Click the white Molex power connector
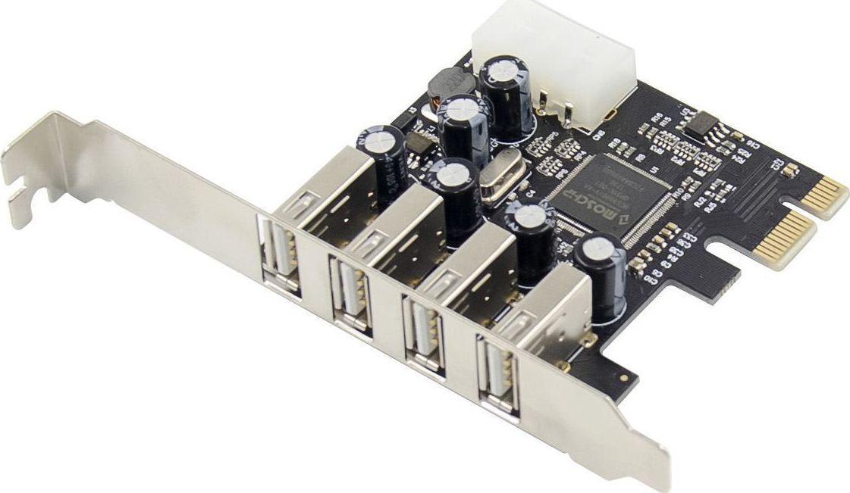point(554,57)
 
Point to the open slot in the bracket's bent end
point(23,189)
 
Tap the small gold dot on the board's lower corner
point(623,377)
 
